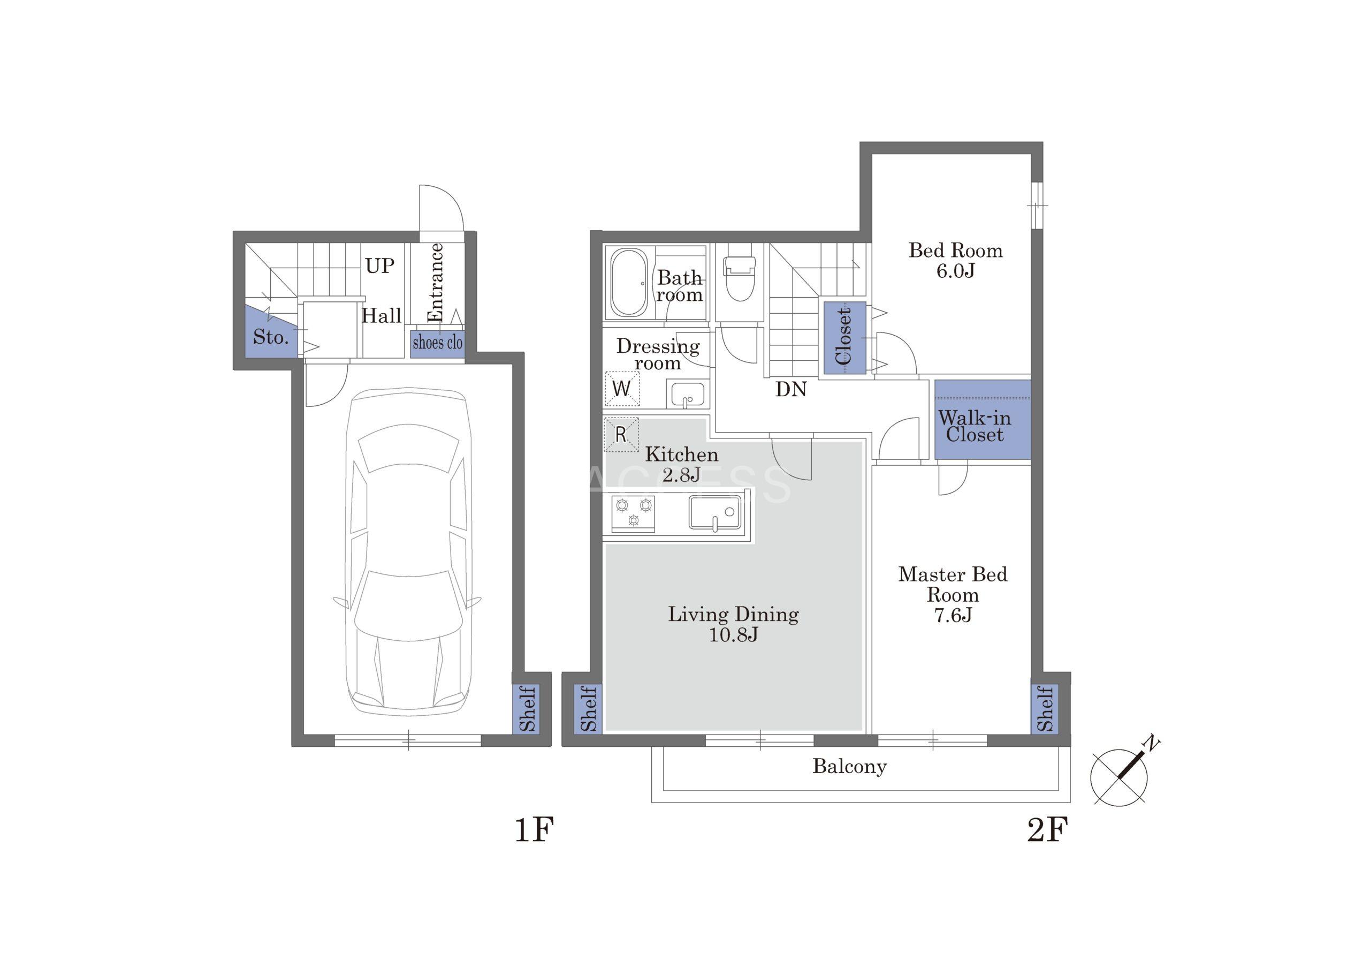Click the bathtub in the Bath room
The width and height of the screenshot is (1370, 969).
(x=628, y=282)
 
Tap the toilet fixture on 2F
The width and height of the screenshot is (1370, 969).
(x=739, y=279)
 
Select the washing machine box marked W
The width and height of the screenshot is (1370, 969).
(x=622, y=389)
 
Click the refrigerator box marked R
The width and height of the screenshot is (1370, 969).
(x=621, y=434)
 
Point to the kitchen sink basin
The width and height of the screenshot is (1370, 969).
(x=715, y=513)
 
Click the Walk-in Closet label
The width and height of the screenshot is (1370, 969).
(x=975, y=426)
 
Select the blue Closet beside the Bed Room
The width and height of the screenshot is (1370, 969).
(x=844, y=338)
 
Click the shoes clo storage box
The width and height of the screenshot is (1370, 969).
(x=437, y=343)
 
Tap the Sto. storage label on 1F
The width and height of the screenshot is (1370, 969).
(x=270, y=337)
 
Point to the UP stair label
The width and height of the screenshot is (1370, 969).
(x=379, y=266)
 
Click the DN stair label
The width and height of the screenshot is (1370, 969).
(x=791, y=389)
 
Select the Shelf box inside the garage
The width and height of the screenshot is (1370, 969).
(x=526, y=709)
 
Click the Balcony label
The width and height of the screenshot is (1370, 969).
(x=849, y=766)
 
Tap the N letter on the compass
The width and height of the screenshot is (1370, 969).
(x=1151, y=745)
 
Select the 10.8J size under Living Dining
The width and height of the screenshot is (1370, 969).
(x=733, y=634)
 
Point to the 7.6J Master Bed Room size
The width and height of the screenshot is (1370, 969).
(x=953, y=615)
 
